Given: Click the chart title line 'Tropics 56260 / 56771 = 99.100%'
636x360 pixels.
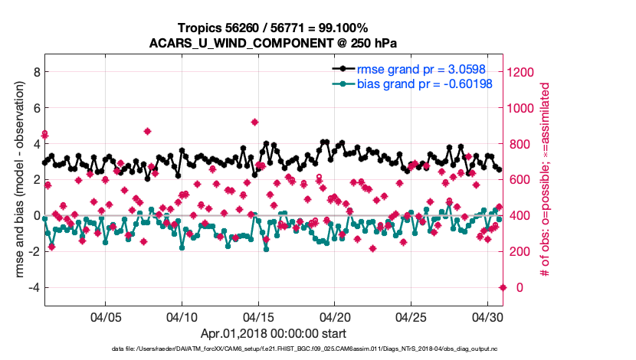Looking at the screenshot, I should pos(274,28).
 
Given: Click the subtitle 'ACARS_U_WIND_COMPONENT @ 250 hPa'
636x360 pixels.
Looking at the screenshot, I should pos(274,43).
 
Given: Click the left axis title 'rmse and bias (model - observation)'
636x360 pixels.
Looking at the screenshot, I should pos(18,180).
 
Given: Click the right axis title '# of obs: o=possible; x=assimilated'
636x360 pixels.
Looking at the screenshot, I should pos(546,180).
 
